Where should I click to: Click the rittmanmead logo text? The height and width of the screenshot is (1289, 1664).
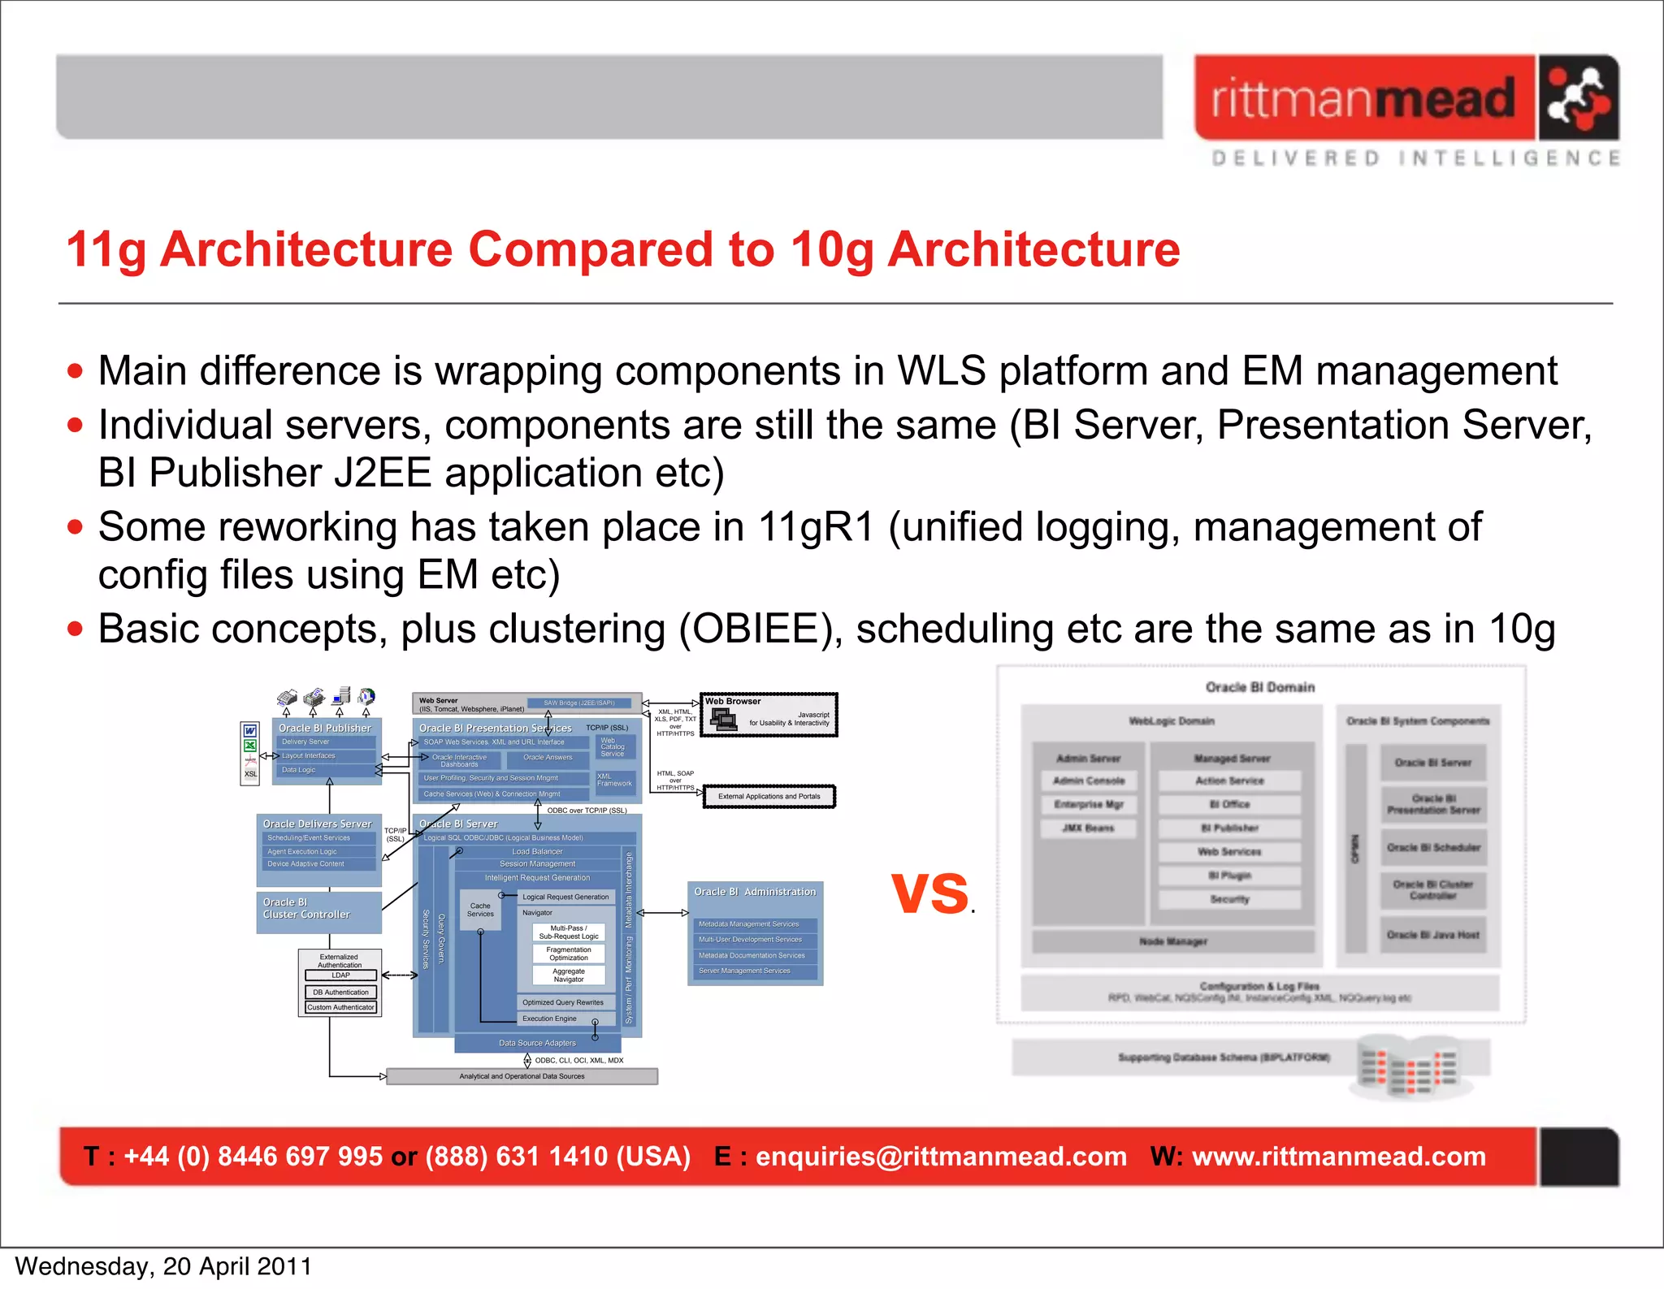[x=1363, y=99]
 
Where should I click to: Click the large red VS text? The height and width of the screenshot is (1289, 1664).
[x=930, y=893]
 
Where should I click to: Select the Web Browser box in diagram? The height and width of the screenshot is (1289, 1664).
[x=769, y=715]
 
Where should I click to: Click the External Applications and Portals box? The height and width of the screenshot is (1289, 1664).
[x=769, y=797]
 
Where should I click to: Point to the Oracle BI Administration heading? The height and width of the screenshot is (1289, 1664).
[x=755, y=892]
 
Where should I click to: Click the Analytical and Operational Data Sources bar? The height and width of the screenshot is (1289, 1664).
[x=522, y=1077]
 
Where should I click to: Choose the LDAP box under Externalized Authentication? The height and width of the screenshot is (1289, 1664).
[x=340, y=975]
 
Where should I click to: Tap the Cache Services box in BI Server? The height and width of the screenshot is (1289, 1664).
[x=480, y=910]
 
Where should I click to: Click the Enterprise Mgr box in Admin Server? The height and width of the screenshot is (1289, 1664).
[x=1089, y=805]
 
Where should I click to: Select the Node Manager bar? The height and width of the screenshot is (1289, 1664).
[x=1172, y=942]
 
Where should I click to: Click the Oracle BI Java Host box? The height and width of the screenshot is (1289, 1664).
[x=1432, y=935]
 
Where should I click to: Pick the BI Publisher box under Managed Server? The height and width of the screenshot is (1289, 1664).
[x=1229, y=828]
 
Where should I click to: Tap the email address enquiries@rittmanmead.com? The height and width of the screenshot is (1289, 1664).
[x=941, y=1157]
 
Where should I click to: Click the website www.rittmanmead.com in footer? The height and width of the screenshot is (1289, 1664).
[x=1338, y=1157]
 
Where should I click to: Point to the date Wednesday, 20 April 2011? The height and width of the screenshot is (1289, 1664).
[x=163, y=1267]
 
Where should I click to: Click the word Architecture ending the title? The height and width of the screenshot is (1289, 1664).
[x=1033, y=249]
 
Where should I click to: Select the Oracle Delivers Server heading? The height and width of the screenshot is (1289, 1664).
[x=317, y=824]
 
